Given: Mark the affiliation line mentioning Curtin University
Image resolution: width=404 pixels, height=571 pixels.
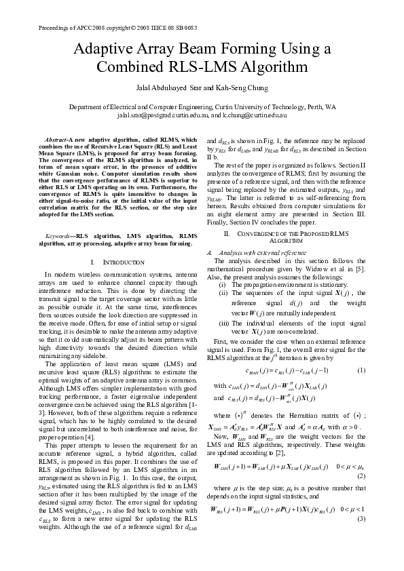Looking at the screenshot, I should click(x=202, y=108).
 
